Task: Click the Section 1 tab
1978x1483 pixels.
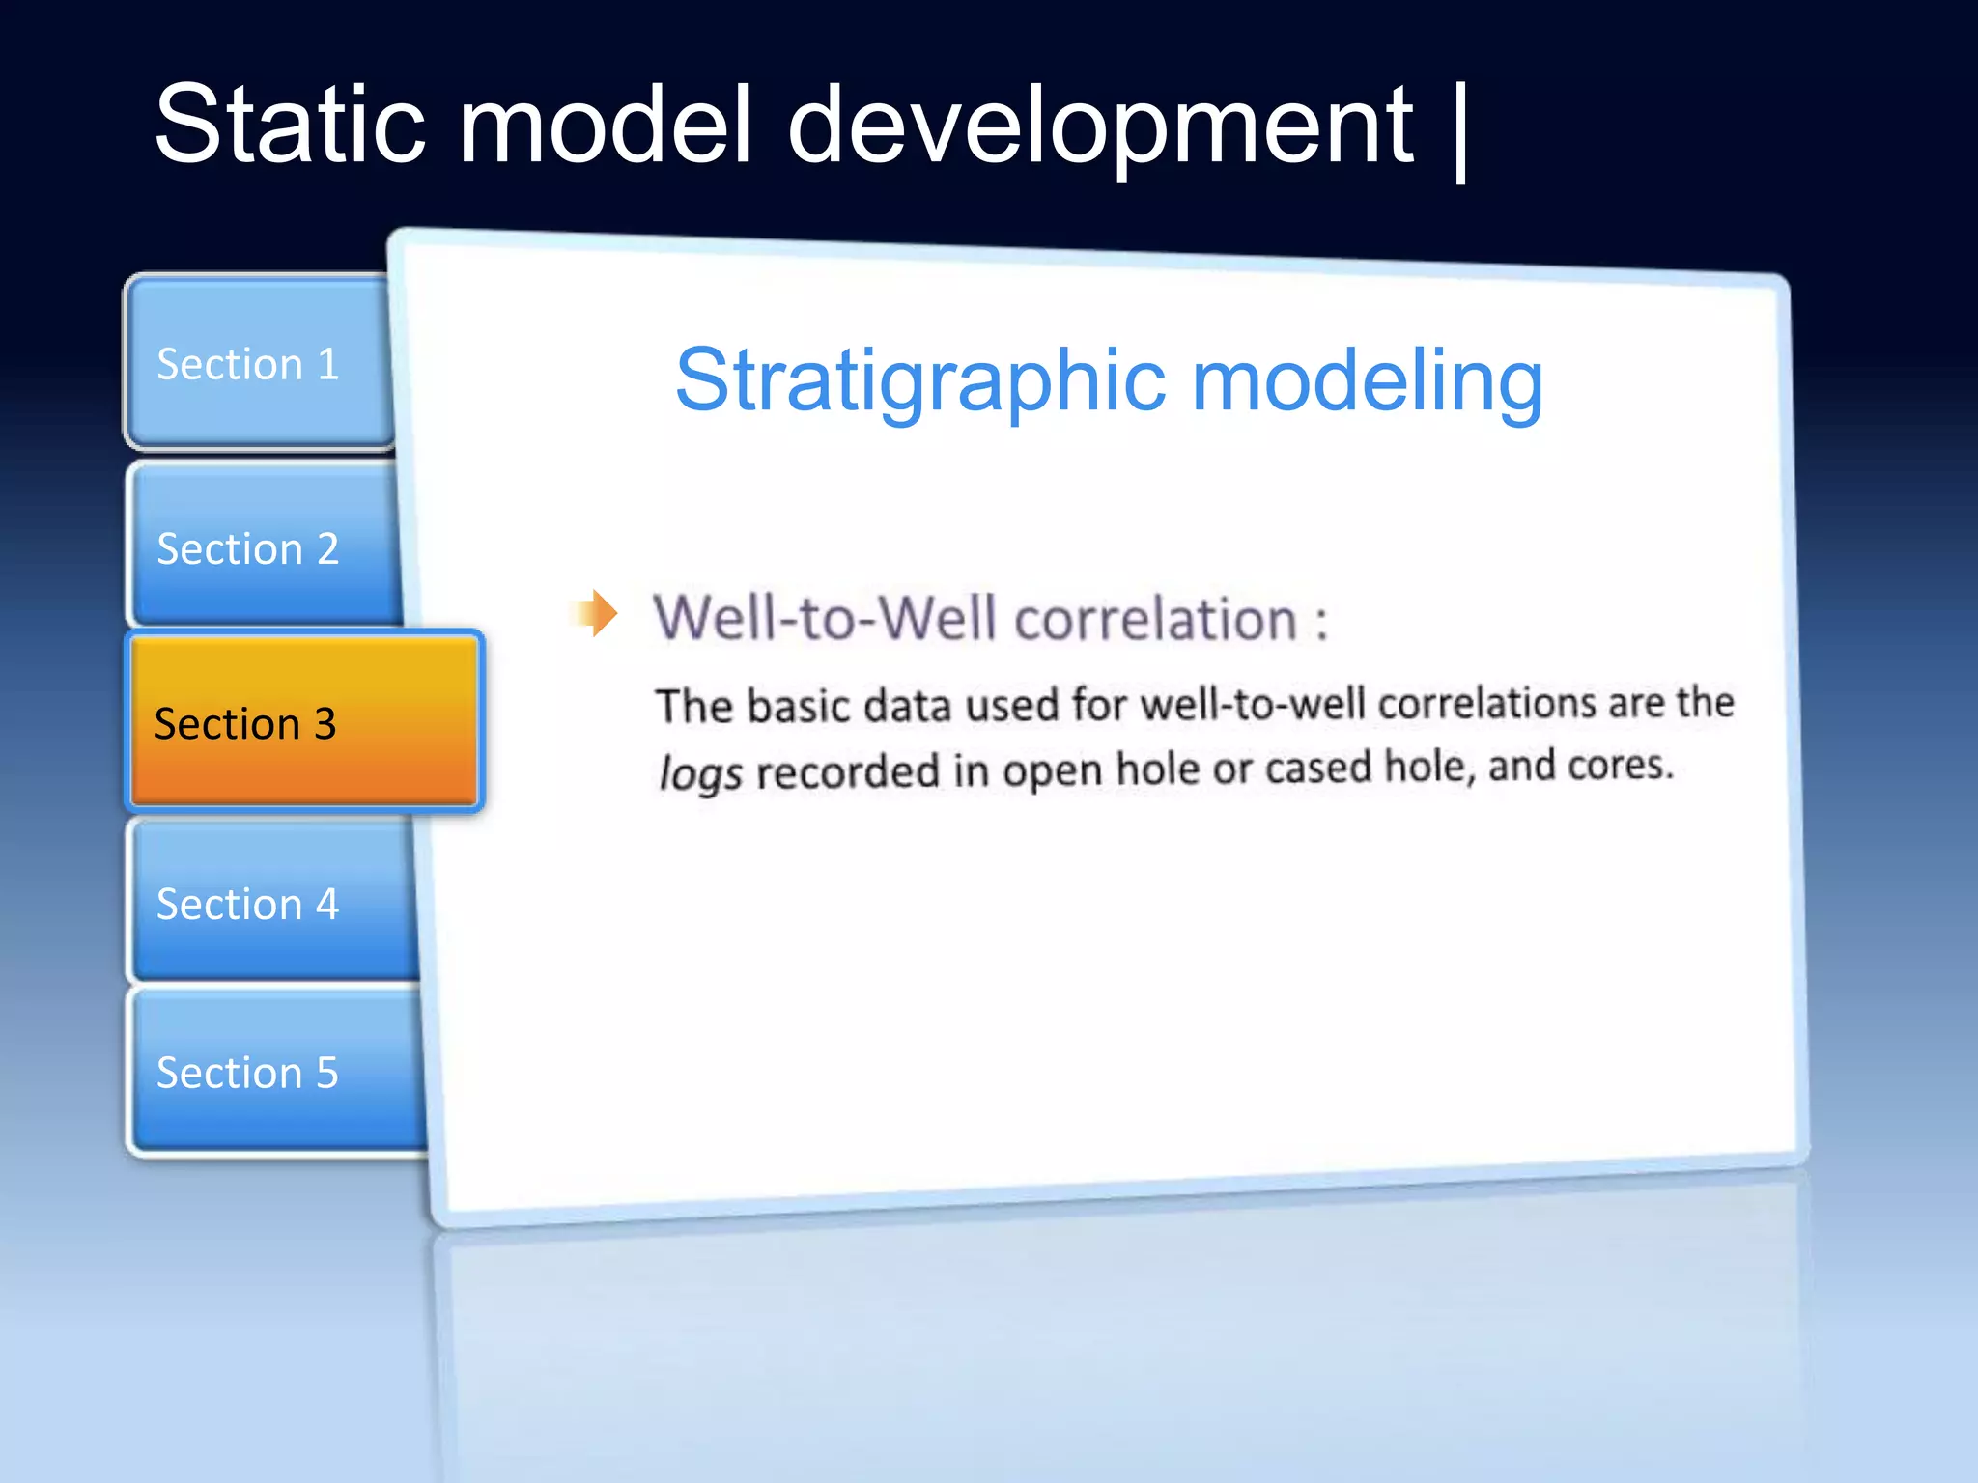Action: click(248, 364)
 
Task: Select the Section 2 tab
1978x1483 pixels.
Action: click(248, 548)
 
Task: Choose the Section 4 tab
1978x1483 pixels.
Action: click(248, 904)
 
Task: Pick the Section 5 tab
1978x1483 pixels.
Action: click(248, 1072)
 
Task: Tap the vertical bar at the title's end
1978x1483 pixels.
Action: click(1459, 130)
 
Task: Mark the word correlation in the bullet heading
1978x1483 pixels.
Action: click(1155, 618)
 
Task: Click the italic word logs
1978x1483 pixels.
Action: click(700, 772)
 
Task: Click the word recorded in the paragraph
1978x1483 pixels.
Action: click(847, 770)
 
